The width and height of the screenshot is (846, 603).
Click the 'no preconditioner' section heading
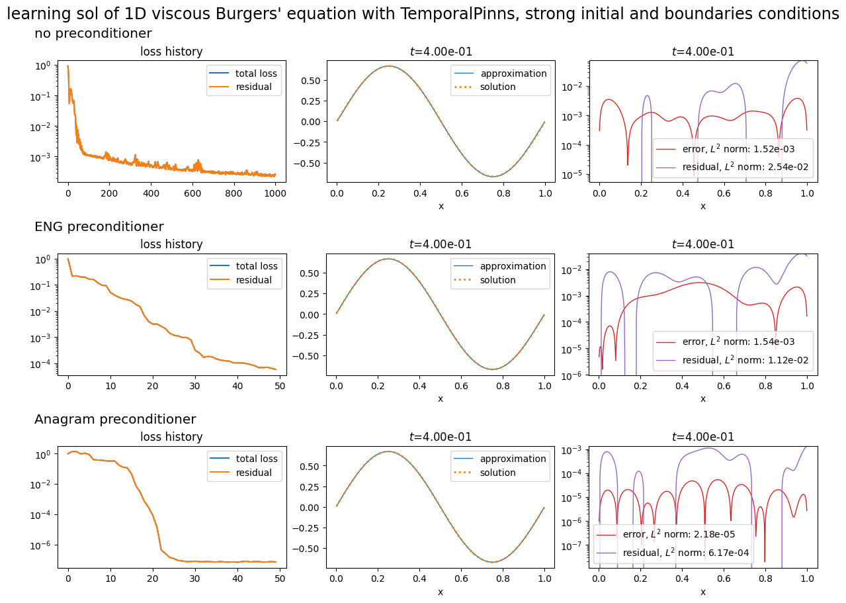[x=93, y=34]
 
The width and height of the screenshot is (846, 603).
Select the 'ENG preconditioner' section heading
[x=99, y=227]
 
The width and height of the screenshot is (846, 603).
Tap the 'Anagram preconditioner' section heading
[x=115, y=420]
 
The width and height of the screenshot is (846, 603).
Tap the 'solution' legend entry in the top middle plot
[x=498, y=87]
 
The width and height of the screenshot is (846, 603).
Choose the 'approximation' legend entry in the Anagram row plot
[x=513, y=459]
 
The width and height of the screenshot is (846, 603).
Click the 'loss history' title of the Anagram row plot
[x=171, y=437]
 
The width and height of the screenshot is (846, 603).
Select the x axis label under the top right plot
[x=702, y=207]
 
